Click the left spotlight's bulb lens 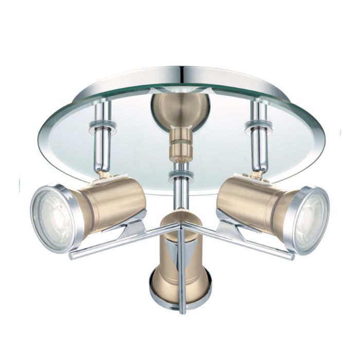coord(54,217)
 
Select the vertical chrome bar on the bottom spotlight coord(182,273)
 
